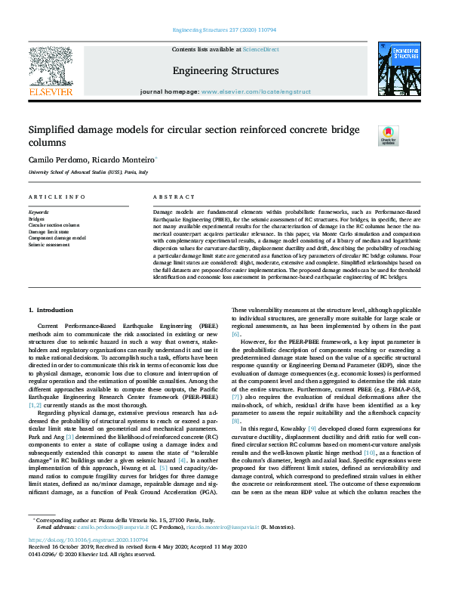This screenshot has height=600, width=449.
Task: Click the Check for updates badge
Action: [388, 135]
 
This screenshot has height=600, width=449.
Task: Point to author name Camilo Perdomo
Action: [54, 160]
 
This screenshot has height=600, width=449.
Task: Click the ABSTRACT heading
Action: [170, 196]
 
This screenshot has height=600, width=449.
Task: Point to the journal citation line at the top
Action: [224, 30]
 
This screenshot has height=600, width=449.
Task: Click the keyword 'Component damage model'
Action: [57, 237]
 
